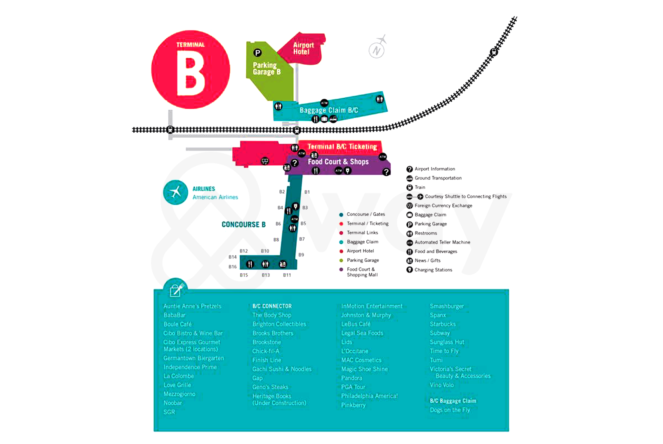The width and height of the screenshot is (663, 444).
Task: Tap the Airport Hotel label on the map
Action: pyautogui.click(x=303, y=48)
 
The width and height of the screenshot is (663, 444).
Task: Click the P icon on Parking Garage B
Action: pyautogui.click(x=257, y=53)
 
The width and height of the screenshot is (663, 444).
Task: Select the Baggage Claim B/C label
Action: pyautogui.click(x=328, y=110)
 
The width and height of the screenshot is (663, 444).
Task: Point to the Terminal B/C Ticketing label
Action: pyautogui.click(x=342, y=146)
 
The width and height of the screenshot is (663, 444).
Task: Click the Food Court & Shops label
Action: pyautogui.click(x=338, y=162)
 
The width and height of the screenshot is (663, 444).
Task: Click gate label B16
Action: pyautogui.click(x=233, y=267)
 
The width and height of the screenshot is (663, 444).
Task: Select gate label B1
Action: pyautogui.click(x=307, y=192)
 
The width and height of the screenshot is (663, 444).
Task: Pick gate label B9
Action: pyautogui.click(x=301, y=255)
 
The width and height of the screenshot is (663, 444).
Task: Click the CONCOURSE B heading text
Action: pyautogui.click(x=243, y=225)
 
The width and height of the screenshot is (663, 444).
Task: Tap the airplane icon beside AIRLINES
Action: pyautogui.click(x=175, y=192)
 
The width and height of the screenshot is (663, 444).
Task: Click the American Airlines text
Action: pyautogui.click(x=215, y=197)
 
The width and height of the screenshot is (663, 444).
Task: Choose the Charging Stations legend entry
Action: pyautogui.click(x=433, y=270)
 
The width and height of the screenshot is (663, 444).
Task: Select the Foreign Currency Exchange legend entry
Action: pyautogui.click(x=443, y=206)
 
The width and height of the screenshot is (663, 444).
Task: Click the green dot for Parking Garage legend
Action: pyautogui.click(x=341, y=261)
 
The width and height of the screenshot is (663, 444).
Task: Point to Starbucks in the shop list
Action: pyautogui.click(x=443, y=324)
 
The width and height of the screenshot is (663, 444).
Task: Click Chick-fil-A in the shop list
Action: pyautogui.click(x=266, y=351)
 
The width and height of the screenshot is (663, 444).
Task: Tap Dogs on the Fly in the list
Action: pyautogui.click(x=450, y=410)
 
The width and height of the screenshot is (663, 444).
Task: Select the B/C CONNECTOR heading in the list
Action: pyautogui.click(x=272, y=306)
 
